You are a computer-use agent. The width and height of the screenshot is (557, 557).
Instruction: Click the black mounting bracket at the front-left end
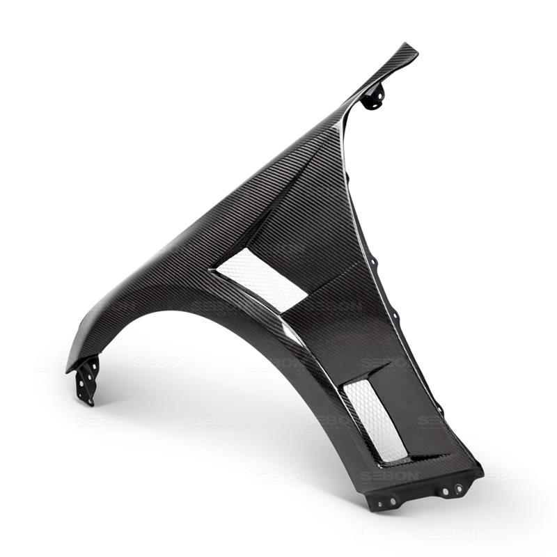pos(86,379)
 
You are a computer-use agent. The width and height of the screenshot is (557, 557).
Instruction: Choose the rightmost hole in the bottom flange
pos(459,488)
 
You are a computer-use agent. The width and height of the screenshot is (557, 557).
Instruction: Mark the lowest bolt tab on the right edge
pos(438,409)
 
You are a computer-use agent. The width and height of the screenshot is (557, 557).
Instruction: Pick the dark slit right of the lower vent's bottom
pos(428,457)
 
